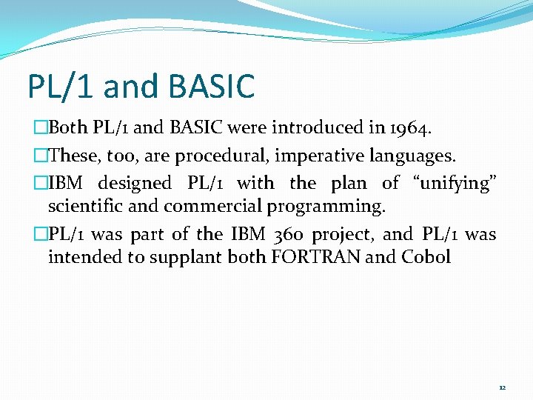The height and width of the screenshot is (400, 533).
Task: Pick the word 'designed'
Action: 135,182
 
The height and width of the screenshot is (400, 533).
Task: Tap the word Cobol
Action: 426,257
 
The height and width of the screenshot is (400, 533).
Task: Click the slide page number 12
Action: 502,387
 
